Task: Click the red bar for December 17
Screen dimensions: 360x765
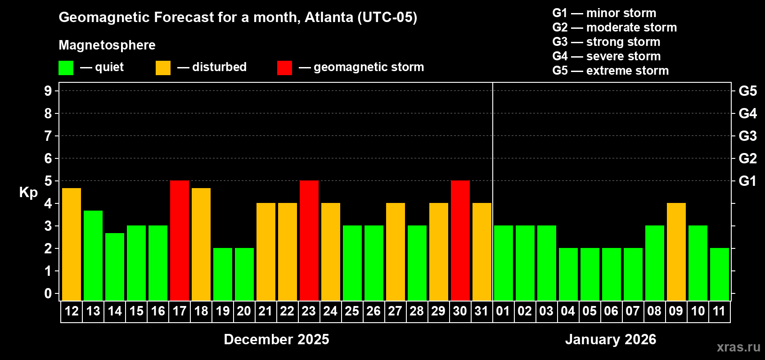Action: pos(180,240)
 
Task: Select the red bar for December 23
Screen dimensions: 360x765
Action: pos(309,240)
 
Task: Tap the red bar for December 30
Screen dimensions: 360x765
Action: pos(460,240)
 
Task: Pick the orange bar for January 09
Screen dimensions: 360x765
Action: pos(676,252)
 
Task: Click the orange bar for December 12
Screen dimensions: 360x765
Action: pos(72,244)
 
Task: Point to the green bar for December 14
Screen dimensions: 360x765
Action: pos(115,266)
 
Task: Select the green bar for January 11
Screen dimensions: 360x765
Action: pos(720,274)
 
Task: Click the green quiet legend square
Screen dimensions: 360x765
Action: pos(66,68)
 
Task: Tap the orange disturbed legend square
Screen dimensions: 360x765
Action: pos(163,68)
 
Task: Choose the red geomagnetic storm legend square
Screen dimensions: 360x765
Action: pos(284,68)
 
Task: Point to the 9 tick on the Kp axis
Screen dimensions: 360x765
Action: pos(48,91)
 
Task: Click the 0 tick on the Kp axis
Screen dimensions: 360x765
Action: pos(48,294)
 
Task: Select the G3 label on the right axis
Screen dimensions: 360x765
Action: pos(747,136)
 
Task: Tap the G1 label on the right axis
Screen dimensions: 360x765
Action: pos(747,181)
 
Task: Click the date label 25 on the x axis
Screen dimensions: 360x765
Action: pos(352,311)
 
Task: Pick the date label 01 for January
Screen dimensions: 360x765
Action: pos(503,311)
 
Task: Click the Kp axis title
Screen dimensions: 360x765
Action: pos(28,193)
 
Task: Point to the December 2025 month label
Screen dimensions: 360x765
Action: pos(276,339)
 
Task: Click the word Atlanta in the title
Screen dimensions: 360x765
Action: pos(329,18)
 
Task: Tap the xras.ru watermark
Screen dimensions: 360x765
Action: pos(738,346)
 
